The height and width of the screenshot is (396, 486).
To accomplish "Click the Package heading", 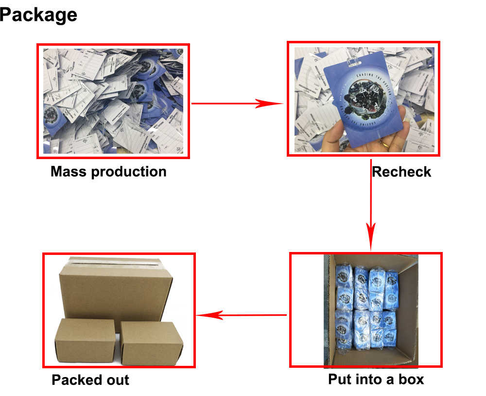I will (38, 15).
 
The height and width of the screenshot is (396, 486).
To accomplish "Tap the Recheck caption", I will (401, 172).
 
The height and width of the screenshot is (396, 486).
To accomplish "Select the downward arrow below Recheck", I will (371, 204).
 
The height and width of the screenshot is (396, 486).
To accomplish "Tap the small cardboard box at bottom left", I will (85, 341).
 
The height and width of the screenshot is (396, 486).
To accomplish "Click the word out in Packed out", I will (117, 379).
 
